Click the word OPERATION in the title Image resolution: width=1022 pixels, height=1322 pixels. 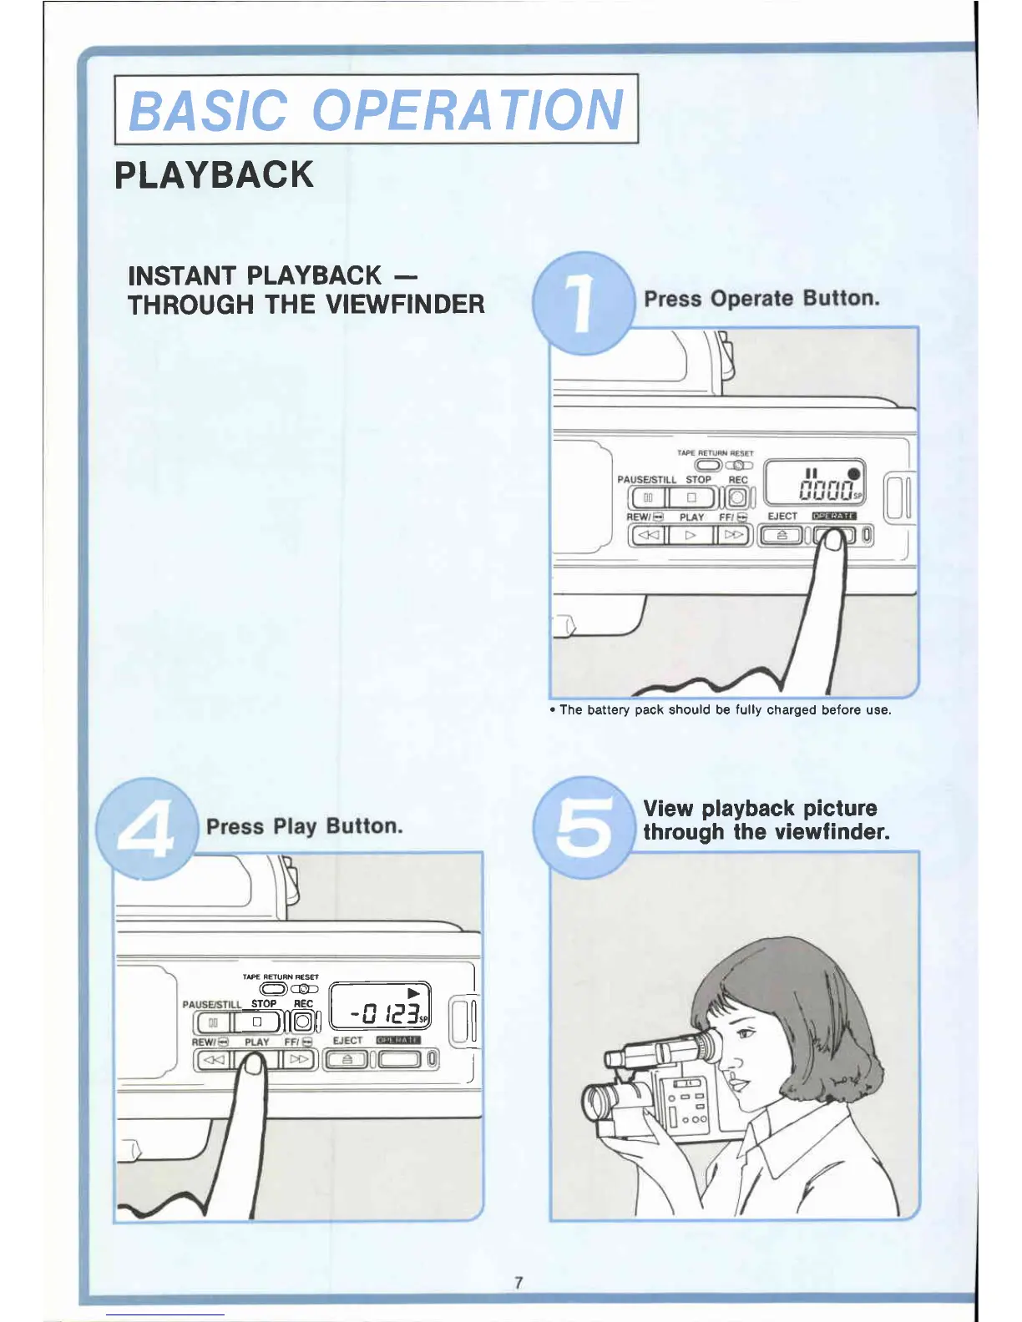coord(468,110)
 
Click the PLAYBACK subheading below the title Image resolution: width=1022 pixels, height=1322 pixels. coord(214,175)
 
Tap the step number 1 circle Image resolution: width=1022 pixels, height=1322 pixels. coord(582,304)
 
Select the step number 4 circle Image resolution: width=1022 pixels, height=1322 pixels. coord(146,828)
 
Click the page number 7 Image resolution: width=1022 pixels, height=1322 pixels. coord(519,1283)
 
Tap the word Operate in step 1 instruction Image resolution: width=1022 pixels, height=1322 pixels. coord(751,299)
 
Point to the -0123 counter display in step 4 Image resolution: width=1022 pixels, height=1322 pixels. coord(387,1014)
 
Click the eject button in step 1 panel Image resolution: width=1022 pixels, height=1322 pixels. coord(782,535)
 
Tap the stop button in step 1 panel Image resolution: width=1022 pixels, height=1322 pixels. coord(691,497)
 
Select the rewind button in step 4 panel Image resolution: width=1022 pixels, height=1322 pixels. coord(214,1060)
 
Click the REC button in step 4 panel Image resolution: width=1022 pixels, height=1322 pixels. coord(303,1021)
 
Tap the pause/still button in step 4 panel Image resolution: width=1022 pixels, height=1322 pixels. coord(213,1022)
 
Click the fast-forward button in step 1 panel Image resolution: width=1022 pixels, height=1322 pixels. coord(734,535)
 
